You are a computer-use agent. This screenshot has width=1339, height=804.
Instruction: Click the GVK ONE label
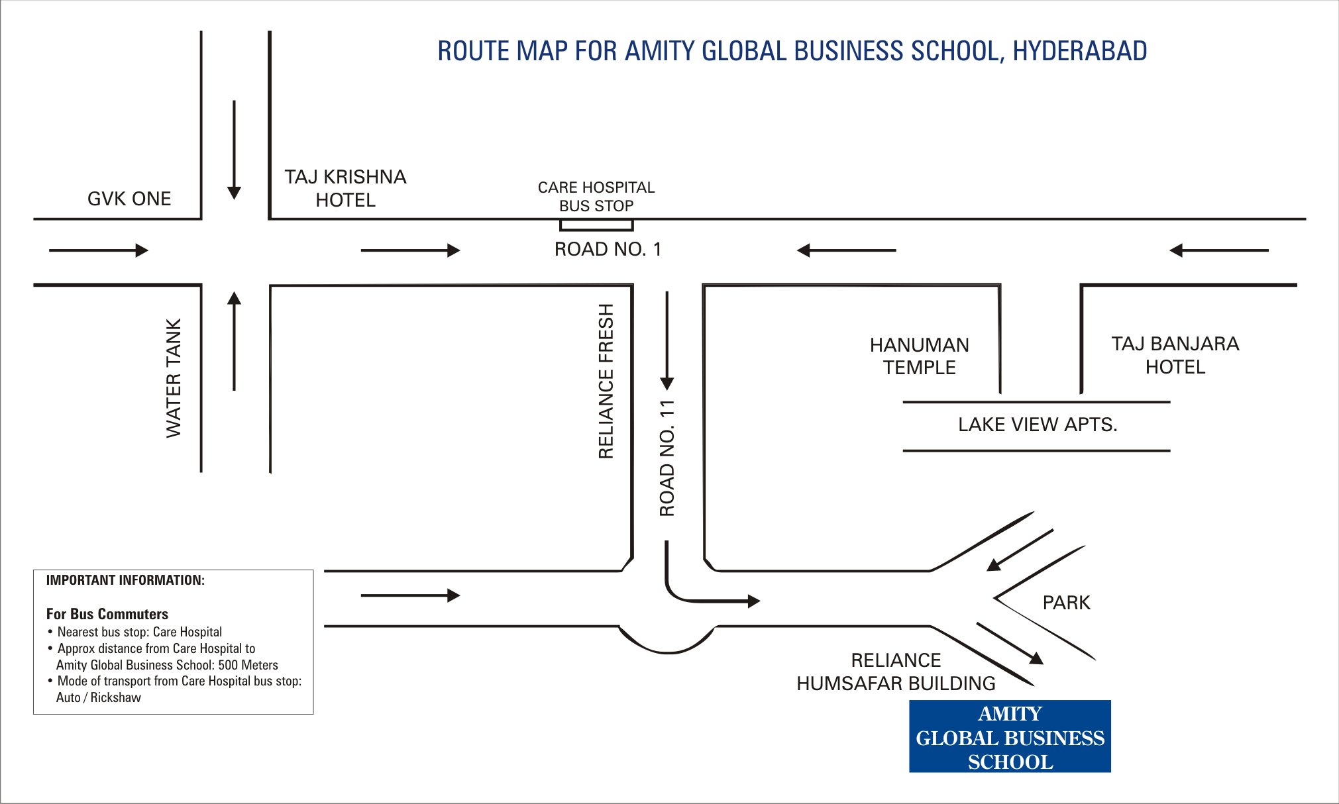129,199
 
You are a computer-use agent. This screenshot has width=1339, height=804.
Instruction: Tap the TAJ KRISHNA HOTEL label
345,188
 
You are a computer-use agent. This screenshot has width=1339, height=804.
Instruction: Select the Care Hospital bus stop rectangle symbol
596,225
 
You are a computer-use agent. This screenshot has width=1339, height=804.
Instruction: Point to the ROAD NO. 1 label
608,249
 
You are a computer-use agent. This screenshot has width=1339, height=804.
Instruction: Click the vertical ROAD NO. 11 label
667,458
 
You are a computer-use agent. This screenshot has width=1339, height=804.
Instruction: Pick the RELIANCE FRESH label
606,381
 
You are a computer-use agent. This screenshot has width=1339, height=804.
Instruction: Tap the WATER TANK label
174,377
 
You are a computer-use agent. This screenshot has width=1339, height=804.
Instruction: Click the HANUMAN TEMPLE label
919,356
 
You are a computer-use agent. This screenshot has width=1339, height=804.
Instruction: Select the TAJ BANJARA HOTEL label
1175,355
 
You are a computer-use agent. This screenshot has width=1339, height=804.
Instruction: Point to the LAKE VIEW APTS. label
1038,425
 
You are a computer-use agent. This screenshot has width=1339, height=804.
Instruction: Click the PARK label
1066,603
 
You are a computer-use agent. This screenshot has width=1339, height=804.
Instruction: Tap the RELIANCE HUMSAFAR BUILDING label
896,672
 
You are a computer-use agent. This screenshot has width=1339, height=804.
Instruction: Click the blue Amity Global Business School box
1010,736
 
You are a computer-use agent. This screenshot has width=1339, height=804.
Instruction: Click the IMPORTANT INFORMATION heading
125,580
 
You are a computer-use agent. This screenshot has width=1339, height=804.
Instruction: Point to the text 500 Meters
248,665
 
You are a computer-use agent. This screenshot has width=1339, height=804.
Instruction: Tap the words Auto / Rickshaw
99,697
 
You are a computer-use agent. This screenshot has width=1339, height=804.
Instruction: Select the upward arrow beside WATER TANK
234,341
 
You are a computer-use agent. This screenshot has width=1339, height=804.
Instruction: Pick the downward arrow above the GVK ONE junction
234,150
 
